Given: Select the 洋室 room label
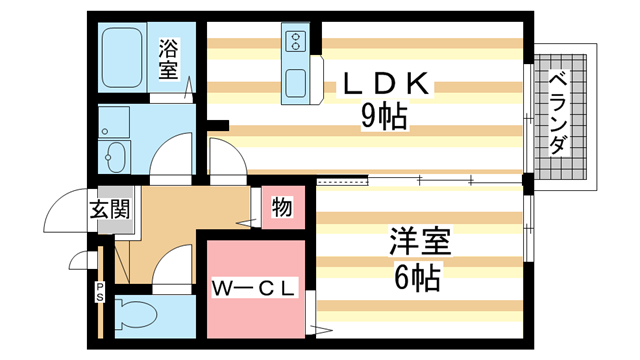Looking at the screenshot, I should [419, 242].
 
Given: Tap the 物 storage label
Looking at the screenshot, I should [281, 208].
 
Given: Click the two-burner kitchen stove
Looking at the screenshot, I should [297, 43].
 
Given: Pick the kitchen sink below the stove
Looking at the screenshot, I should [297, 84].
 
